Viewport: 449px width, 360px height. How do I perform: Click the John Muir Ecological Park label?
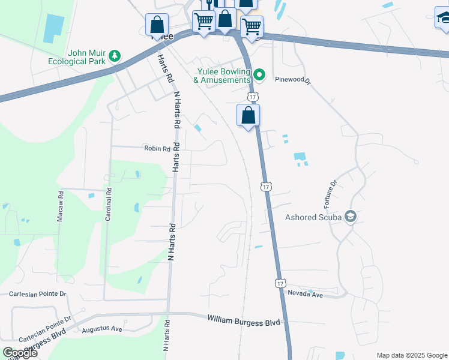(86, 56)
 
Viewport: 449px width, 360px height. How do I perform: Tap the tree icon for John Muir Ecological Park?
(114, 56)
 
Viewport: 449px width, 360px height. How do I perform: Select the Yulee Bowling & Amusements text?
(224, 75)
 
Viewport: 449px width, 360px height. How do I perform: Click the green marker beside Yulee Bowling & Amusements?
(259, 75)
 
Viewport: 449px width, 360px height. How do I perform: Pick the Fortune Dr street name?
(331, 194)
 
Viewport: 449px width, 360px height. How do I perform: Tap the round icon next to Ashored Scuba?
(351, 217)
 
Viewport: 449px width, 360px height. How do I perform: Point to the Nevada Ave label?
(306, 295)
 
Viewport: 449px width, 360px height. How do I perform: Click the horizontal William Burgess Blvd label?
(244, 322)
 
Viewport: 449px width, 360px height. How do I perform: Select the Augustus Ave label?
(102, 329)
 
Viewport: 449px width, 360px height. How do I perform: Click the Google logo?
(19, 353)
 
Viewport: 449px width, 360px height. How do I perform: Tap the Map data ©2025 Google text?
(412, 355)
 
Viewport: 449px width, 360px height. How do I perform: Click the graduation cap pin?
(443, 18)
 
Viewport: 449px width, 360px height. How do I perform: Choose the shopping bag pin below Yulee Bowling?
(248, 115)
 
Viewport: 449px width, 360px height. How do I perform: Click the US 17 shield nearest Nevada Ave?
(280, 282)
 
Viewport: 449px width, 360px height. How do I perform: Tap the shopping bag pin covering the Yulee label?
(157, 26)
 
